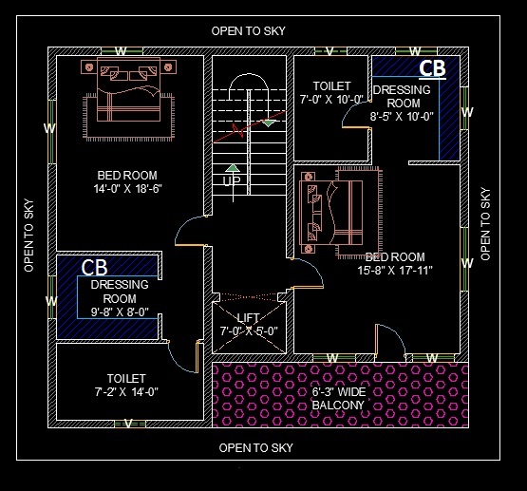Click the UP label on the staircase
coord(232,180)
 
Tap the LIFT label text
coord(248,318)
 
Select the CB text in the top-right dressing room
coord(432,68)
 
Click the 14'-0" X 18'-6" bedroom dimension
coord(127,189)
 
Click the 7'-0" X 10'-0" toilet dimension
coord(331,99)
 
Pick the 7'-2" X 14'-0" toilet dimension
coord(125,391)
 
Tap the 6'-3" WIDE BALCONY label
coord(338,399)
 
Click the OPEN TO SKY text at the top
coord(248,31)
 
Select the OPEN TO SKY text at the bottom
coord(255,447)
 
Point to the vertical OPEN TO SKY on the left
coord(28,235)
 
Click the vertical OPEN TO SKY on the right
coord(486,223)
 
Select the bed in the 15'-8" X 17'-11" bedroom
coord(330,217)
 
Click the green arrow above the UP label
coord(233,168)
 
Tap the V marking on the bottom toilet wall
coord(128,424)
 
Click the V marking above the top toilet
coord(329,50)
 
